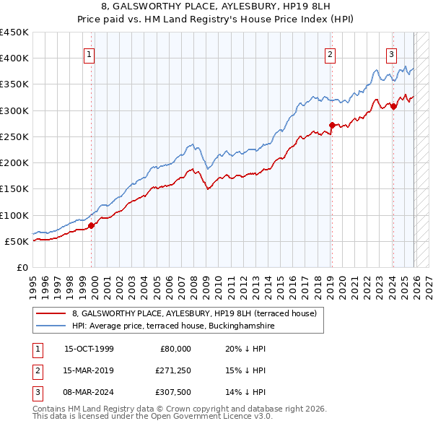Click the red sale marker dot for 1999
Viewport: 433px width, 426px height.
coord(92,225)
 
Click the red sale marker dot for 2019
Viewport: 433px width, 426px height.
coord(332,125)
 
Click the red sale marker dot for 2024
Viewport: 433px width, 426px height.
coord(393,106)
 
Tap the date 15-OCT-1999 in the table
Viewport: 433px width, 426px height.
coord(89,349)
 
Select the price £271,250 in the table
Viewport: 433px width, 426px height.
coord(172,370)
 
